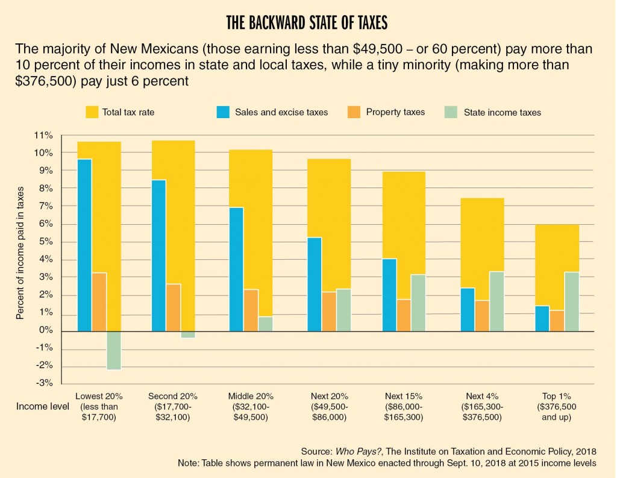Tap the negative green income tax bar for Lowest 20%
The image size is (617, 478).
coord(114,350)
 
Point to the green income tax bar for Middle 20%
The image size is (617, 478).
coord(266,324)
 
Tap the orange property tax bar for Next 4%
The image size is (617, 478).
coord(482,316)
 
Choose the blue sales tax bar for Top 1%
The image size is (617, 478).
coord(542,318)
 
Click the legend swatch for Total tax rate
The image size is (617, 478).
coord(92,112)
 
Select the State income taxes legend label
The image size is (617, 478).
coord(501,112)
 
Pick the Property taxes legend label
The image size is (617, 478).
coord(397,112)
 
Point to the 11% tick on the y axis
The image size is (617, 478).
coord(45,135)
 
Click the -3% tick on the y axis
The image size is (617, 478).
coord(46,384)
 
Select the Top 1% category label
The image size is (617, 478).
coord(556,397)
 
